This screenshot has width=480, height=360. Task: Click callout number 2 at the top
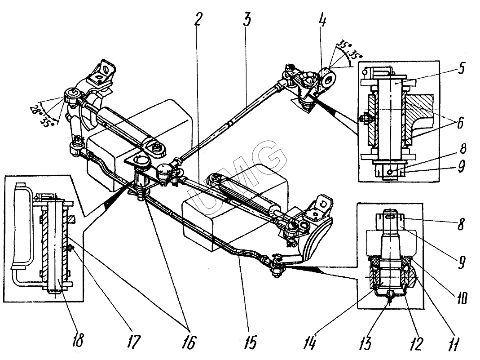[198, 19]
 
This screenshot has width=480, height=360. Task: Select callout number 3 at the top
[247, 19]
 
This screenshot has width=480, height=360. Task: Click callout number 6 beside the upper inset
[460, 123]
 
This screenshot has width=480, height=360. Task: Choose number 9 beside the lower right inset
[462, 262]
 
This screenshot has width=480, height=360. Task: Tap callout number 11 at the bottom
[454, 344]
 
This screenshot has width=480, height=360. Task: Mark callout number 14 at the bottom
[310, 342]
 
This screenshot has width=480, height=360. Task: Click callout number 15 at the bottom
[251, 342]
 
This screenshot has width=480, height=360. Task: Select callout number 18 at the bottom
[78, 340]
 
